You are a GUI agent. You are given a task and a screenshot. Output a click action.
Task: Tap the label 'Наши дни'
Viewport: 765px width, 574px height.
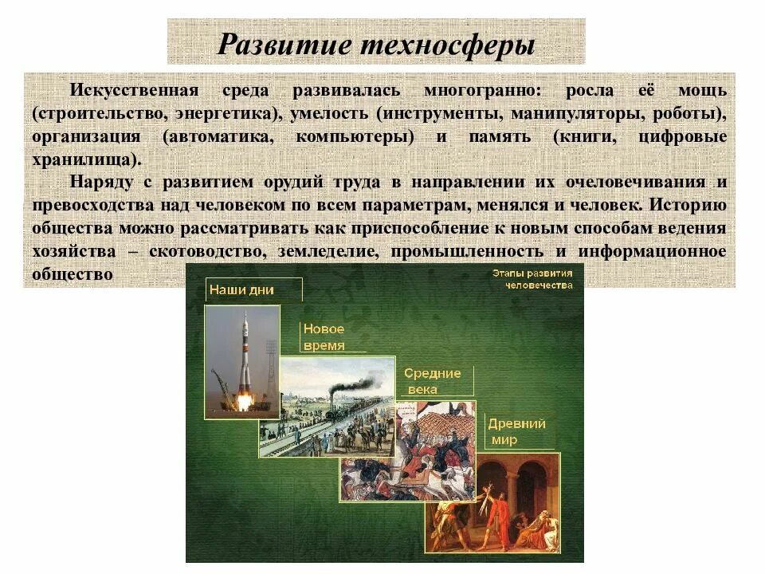point(241,290)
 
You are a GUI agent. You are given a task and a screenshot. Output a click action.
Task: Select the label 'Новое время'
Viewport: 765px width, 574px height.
point(324,337)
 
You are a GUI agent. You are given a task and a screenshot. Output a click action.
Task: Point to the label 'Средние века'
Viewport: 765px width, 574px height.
point(433,381)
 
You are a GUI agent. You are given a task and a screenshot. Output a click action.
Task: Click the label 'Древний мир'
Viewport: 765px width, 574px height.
point(516,431)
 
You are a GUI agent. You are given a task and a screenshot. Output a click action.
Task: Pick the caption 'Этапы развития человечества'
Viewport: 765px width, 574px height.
point(532,279)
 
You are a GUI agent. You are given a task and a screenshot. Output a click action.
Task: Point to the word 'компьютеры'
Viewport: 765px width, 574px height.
point(355,136)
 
